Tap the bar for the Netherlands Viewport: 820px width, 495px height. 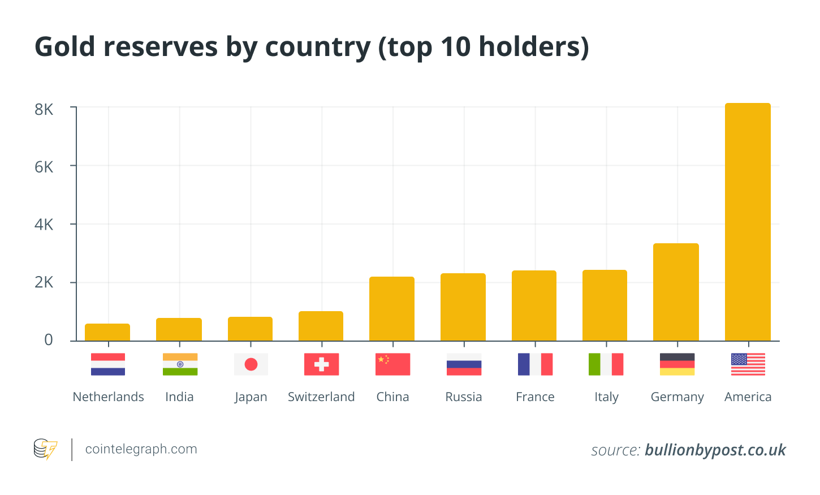point(107,333)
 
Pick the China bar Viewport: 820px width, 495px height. point(392,309)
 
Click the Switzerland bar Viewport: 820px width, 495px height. point(321,326)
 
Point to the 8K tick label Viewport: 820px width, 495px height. point(44,109)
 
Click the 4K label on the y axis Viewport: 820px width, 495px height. point(44,225)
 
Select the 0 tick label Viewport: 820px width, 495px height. point(49,340)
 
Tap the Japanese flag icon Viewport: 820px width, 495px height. point(251,364)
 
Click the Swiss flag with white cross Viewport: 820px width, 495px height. point(321,364)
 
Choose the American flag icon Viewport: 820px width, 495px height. point(748,364)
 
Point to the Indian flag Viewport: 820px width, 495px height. point(180,364)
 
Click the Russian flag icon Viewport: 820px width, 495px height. point(464,364)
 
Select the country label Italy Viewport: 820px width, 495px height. point(606,397)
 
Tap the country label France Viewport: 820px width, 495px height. point(535,397)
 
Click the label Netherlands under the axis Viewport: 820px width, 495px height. point(108,397)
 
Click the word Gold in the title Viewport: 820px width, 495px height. point(65,46)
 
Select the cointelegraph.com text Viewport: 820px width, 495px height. point(141,449)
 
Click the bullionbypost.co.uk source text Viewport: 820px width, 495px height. point(715,450)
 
